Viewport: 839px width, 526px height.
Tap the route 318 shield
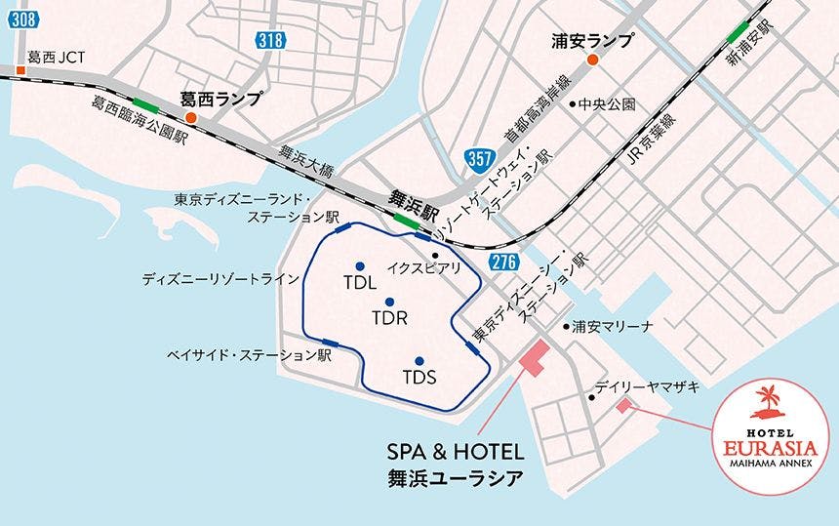[272, 39]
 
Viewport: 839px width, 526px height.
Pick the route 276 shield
[503, 261]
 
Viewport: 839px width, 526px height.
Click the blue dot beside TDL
[360, 266]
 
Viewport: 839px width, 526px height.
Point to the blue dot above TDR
[389, 302]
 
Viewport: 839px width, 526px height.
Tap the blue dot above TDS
[419, 360]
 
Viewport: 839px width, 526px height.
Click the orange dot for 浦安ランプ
[591, 61]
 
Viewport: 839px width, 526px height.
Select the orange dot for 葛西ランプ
[192, 119]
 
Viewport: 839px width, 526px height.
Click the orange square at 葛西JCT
[20, 70]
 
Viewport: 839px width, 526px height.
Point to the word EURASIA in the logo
[771, 448]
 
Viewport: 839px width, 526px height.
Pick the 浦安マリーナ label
[613, 326]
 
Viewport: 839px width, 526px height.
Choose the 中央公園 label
[607, 103]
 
